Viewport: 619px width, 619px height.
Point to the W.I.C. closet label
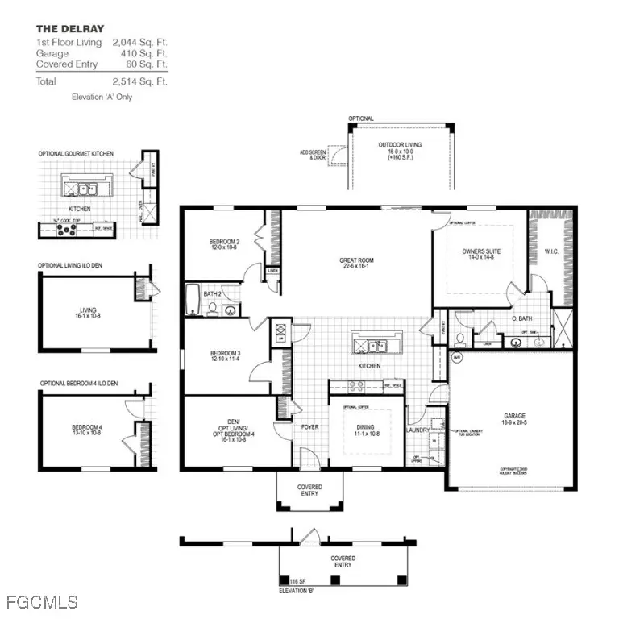[x=550, y=251]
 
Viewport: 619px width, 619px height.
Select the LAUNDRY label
[x=418, y=430]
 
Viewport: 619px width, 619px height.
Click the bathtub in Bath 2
[x=193, y=300]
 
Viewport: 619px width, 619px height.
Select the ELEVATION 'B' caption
[x=297, y=591]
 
